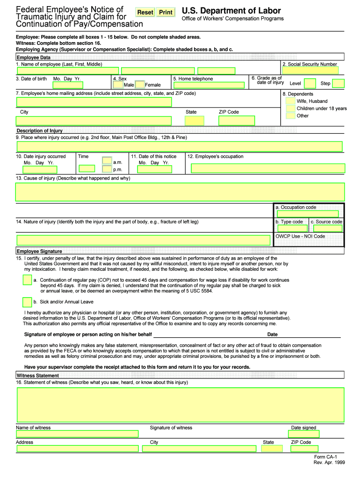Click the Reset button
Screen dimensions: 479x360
pos(145,12)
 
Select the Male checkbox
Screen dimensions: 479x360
pos(118,85)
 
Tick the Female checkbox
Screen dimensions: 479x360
pos(139,85)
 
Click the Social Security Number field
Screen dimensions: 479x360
pos(312,71)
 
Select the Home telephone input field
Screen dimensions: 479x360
pos(208,85)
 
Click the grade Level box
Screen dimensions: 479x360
pos(310,83)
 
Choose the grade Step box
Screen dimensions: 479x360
pos(338,83)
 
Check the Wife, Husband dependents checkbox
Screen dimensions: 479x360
pos(290,101)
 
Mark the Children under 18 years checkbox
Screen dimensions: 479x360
pos(290,109)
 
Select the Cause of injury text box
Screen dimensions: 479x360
pos(180,192)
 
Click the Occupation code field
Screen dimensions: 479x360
pos(309,214)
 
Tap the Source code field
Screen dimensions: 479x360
pos(327,228)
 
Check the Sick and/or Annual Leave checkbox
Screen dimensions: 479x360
pos(27,302)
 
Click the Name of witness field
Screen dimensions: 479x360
pos(78,434)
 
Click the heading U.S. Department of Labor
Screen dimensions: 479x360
pos(231,11)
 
